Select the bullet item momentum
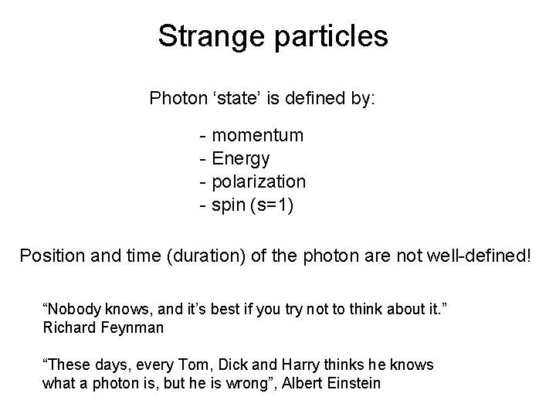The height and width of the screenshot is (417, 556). point(257,136)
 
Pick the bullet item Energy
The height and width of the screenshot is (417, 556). point(241,159)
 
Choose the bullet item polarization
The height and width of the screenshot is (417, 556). point(259,182)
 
